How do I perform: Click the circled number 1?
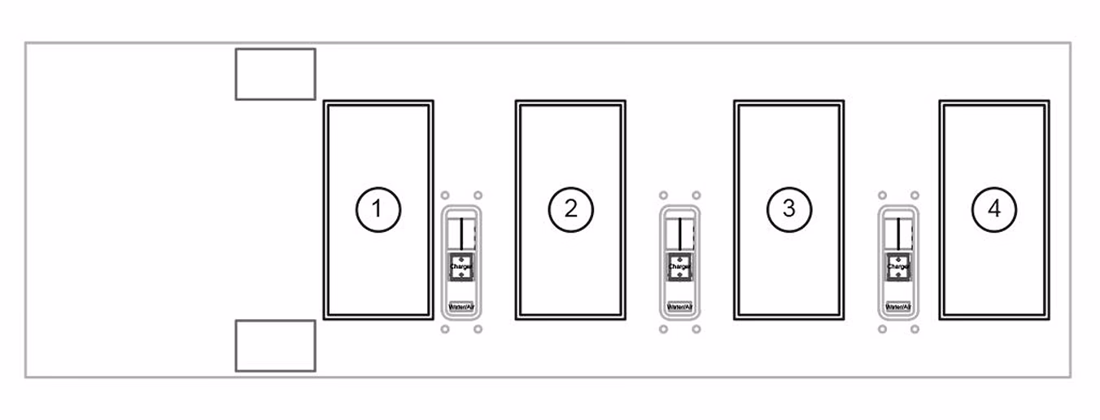[378, 209]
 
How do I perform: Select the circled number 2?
[570, 209]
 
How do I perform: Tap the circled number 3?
[788, 209]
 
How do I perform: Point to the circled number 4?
[994, 209]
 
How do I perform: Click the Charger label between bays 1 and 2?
[461, 266]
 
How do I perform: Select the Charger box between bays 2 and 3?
[679, 266]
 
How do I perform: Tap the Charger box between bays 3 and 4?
[897, 266]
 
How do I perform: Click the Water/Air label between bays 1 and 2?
[461, 308]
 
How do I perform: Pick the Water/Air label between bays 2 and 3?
[679, 308]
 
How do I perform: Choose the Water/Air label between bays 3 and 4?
[897, 308]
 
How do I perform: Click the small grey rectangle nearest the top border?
[275, 74]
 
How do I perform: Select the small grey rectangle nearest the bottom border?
[275, 346]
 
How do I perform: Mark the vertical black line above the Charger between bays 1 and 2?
[461, 233]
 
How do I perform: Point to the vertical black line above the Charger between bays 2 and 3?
[679, 233]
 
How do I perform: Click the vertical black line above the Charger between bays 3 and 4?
[897, 233]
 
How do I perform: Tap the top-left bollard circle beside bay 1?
[445, 195]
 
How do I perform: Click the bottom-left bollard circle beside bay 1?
[445, 329]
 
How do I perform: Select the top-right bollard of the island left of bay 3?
[696, 195]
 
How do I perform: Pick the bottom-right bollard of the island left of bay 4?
[914, 329]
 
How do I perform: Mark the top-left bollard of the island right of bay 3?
[882, 195]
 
